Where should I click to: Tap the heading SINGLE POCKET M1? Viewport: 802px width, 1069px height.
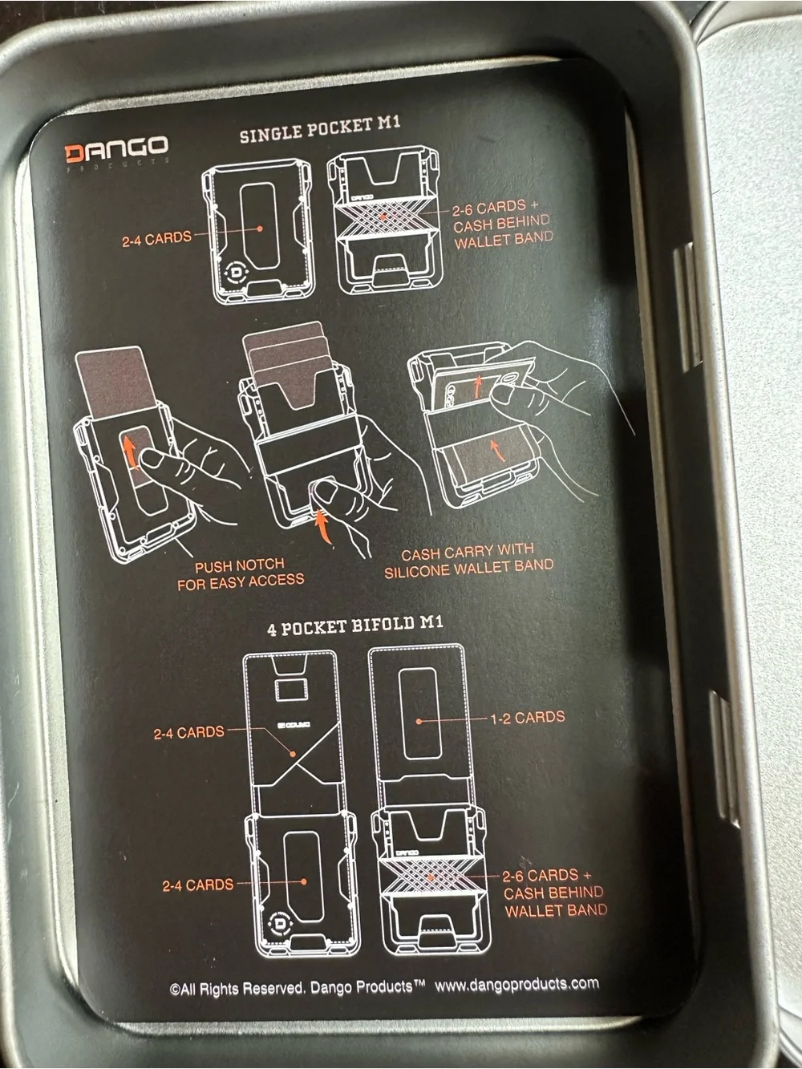pyautogui.click(x=320, y=130)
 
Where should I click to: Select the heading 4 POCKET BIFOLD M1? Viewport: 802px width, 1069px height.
pyautogui.click(x=355, y=626)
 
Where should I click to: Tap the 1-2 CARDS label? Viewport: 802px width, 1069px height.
pyautogui.click(x=528, y=718)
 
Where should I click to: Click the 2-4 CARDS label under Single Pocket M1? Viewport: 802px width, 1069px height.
pyautogui.click(x=157, y=238)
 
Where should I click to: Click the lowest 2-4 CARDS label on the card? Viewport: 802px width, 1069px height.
pyautogui.click(x=198, y=885)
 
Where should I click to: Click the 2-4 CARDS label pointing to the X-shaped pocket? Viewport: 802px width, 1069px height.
pyautogui.click(x=189, y=732)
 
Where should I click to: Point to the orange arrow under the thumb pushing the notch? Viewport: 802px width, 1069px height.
pyautogui.click(x=323, y=526)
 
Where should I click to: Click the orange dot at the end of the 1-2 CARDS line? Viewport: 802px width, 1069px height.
pyautogui.click(x=419, y=721)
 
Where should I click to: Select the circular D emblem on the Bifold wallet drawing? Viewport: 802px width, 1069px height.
pyautogui.click(x=280, y=923)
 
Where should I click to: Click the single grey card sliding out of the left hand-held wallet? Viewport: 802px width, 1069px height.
pyautogui.click(x=116, y=380)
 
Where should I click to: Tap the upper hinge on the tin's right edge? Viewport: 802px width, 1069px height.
pyautogui.click(x=687, y=307)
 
